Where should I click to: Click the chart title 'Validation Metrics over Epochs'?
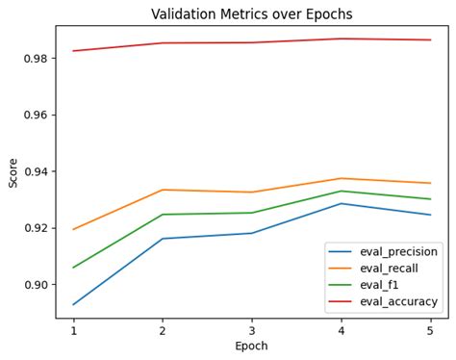point(252,14)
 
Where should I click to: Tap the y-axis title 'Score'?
point(13,172)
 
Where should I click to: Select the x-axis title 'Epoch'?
point(252,346)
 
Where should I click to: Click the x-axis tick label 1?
point(73,329)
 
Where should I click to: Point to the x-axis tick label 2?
point(163,329)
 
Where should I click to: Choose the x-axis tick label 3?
point(252,329)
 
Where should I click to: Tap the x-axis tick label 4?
point(342,329)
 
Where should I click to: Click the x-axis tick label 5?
point(431,329)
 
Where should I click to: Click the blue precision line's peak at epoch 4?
point(342,203)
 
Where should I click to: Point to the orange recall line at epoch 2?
point(163,190)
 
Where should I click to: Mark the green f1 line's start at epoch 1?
point(73,268)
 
